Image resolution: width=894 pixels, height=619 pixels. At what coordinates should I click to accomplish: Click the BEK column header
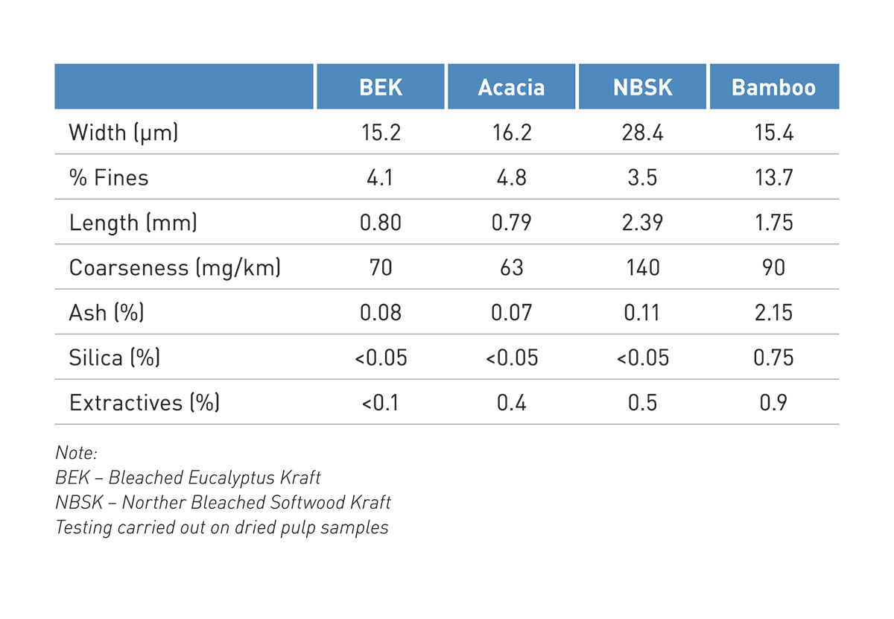(x=381, y=87)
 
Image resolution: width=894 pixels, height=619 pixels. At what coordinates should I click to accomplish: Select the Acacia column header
(x=511, y=87)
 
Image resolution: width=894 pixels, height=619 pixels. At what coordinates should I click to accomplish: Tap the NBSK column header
(x=642, y=87)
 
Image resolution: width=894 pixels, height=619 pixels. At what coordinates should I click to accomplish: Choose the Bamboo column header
(x=773, y=87)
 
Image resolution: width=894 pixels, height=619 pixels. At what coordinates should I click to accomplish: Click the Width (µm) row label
(x=124, y=133)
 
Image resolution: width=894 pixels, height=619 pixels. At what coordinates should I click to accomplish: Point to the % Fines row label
(x=109, y=177)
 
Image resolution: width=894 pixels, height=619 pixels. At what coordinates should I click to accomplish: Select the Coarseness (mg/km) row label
(x=174, y=267)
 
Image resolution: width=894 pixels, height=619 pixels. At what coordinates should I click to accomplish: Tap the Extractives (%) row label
(x=144, y=402)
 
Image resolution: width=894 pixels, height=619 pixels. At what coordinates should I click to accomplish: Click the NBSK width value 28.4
(x=642, y=133)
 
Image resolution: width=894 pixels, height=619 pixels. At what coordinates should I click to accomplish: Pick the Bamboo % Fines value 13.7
(x=773, y=177)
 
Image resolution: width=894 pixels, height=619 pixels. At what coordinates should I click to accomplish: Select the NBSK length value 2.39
(x=642, y=223)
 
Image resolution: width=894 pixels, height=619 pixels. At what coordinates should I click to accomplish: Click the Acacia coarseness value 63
(x=511, y=267)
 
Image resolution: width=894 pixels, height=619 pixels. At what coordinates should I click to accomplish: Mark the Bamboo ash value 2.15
(x=773, y=312)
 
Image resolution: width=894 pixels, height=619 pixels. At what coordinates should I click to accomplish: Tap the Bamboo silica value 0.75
(x=773, y=358)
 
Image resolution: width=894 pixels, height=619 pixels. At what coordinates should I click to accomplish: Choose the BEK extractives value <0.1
(x=381, y=402)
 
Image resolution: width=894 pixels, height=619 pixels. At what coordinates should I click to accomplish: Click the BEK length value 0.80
(x=381, y=223)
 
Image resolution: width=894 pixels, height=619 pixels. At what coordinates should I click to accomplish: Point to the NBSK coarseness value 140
(x=642, y=267)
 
